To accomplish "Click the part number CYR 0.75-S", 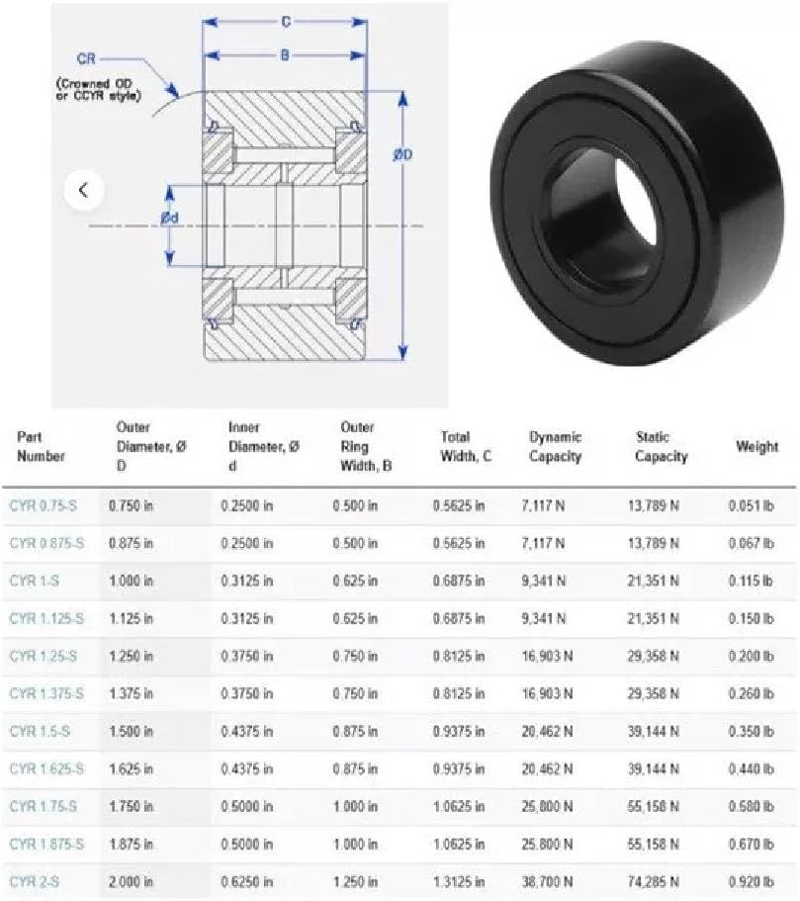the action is click(44, 505).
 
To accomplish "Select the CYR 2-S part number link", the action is click(35, 881).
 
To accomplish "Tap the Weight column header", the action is click(756, 446).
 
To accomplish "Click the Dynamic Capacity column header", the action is click(555, 446).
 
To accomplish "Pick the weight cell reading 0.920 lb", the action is click(752, 881).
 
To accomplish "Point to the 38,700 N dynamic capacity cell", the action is click(547, 881).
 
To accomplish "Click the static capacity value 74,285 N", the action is click(654, 881).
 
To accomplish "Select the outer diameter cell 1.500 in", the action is click(132, 731).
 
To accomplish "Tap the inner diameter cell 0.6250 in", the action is click(247, 881).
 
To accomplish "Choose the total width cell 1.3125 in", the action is click(459, 881).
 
